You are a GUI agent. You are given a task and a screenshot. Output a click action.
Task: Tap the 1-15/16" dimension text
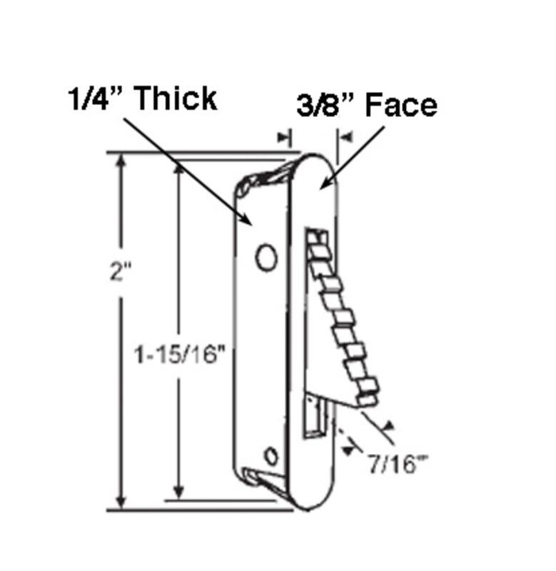tap(180, 354)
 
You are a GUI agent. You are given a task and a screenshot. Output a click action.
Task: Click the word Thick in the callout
tap(176, 98)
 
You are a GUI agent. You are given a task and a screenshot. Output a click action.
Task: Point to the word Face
tap(401, 105)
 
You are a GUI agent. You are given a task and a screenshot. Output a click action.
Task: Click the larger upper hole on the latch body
tap(266, 257)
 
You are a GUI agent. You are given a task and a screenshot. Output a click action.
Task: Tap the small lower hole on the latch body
tap(271, 456)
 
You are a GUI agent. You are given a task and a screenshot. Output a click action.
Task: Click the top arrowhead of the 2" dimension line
tap(121, 160)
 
